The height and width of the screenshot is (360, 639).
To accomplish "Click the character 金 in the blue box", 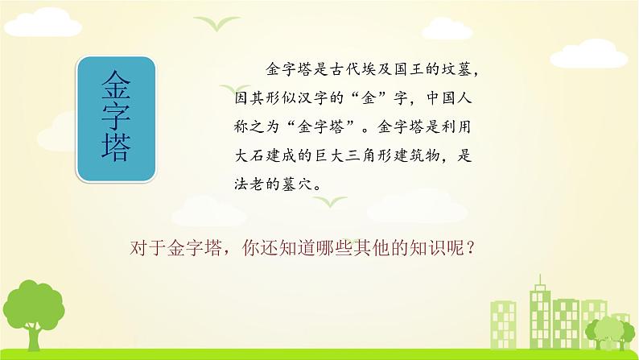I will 117,83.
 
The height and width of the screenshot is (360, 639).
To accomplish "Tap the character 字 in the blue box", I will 117,117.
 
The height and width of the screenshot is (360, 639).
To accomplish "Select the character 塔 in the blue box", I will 117,151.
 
